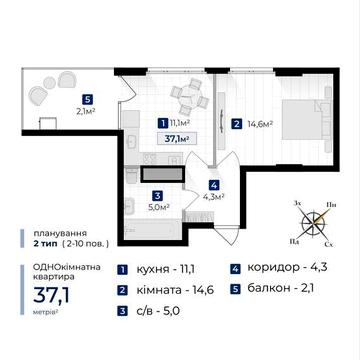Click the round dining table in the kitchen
tap(182, 98)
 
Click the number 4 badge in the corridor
tap(214, 184)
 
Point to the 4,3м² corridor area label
tap(214, 197)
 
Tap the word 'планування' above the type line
tap(43, 231)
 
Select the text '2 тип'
tap(33, 243)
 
